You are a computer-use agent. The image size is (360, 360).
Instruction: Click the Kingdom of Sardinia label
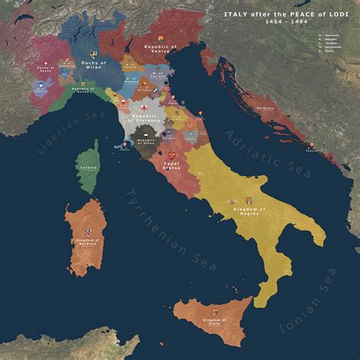pos(88,242)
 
